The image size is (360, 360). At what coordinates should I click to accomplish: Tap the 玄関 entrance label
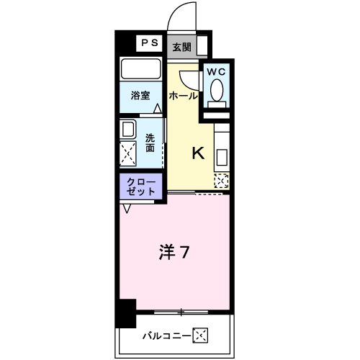[181, 47]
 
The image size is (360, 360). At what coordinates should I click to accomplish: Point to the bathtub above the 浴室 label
[141, 69]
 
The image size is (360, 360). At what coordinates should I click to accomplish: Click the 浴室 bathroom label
[140, 94]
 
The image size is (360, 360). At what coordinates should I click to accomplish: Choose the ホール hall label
[183, 95]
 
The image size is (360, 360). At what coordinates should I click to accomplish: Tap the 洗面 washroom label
[150, 143]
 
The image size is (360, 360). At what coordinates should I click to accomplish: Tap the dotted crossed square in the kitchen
[222, 181]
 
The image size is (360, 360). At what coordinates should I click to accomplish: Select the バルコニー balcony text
[166, 335]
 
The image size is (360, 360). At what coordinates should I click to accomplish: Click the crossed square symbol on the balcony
[200, 335]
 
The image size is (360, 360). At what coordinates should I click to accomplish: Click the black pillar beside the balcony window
[127, 312]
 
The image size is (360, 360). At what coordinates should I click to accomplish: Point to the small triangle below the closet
[127, 208]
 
